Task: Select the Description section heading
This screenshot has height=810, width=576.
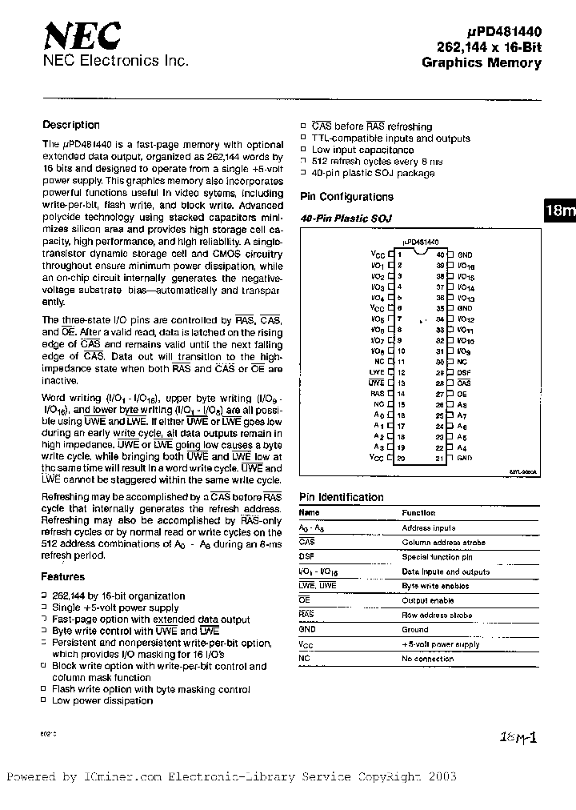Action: click(71, 125)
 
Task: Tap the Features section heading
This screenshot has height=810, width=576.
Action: click(62, 576)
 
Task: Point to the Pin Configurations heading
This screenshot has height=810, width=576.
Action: click(346, 197)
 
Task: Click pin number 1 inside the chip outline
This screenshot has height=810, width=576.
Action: click(398, 253)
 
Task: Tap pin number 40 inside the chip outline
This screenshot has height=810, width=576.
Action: click(439, 253)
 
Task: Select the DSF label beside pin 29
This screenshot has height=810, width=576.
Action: click(464, 372)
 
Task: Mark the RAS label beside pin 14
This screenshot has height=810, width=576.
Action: click(377, 394)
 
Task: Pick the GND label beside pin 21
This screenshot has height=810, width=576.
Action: click(465, 458)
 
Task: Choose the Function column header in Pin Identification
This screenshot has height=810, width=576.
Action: click(418, 512)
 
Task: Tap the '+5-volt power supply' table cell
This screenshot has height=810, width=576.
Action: click(441, 644)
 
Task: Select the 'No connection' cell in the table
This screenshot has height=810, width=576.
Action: click(427, 659)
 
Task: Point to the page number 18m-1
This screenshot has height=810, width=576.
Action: click(518, 737)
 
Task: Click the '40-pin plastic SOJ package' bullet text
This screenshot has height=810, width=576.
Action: click(373, 173)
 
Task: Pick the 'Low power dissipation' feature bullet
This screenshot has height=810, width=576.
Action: click(102, 700)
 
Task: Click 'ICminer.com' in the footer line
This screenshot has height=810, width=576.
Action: click(119, 776)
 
